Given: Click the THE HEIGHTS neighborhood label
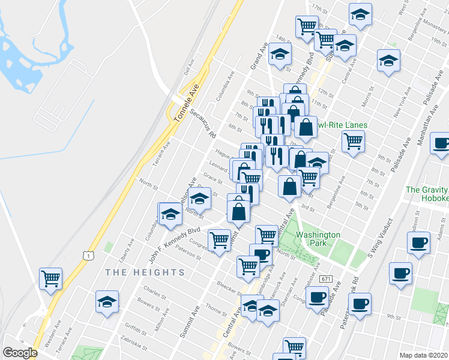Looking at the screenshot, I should tap(145, 272).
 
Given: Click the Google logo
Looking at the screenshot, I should tap(19, 353).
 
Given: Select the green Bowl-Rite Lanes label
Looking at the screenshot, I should tap(342, 125).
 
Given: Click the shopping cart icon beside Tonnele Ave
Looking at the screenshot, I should tap(51, 278).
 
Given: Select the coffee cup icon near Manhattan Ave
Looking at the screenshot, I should tap(441, 143).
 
